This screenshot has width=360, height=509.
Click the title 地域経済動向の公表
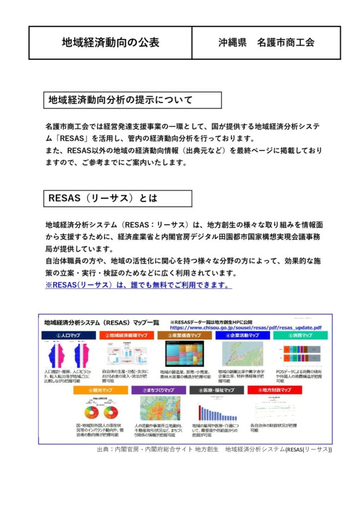pyautogui.click(x=110, y=43)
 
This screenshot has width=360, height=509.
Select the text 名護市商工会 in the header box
pyautogui.click(x=286, y=43)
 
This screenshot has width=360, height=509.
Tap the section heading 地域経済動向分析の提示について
pyautogui.click(x=120, y=100)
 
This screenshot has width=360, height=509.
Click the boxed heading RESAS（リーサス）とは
pyautogui.click(x=103, y=198)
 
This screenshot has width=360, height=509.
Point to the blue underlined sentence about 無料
pyautogui.click(x=138, y=285)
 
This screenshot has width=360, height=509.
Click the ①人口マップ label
pyautogui.click(x=69, y=336)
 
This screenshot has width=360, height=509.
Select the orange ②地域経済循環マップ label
pyautogui.click(x=127, y=336)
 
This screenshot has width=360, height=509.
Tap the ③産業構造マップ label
pyautogui.click(x=184, y=336)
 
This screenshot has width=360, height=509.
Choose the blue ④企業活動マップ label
pyautogui.click(x=242, y=336)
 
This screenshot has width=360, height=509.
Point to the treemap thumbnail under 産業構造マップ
pyautogui.click(x=183, y=354)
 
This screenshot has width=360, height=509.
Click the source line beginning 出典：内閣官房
pyautogui.click(x=214, y=449)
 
